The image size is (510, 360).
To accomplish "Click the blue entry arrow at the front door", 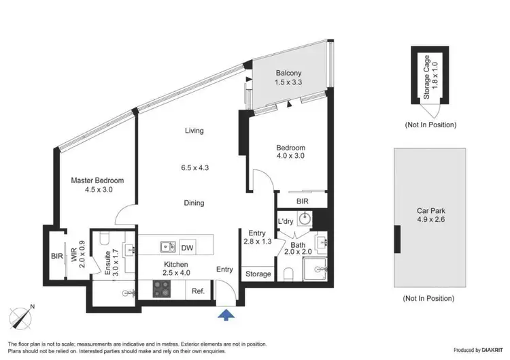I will pyautogui.click(x=227, y=313).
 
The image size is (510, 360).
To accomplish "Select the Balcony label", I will pyautogui.click(x=289, y=73).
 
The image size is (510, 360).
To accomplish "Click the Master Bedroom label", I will pyautogui.click(x=97, y=180).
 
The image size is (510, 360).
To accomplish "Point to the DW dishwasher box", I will pyautogui.click(x=186, y=247).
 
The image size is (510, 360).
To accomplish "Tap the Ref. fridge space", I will pyautogui.click(x=199, y=291).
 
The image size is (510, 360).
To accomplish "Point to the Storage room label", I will pyautogui.click(x=258, y=274).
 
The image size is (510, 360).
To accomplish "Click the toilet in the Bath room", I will pyautogui.click(x=288, y=274).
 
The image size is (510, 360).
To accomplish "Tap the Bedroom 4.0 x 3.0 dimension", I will pyautogui.click(x=290, y=156).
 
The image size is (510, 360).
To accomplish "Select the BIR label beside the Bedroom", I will pyautogui.click(x=303, y=201).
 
